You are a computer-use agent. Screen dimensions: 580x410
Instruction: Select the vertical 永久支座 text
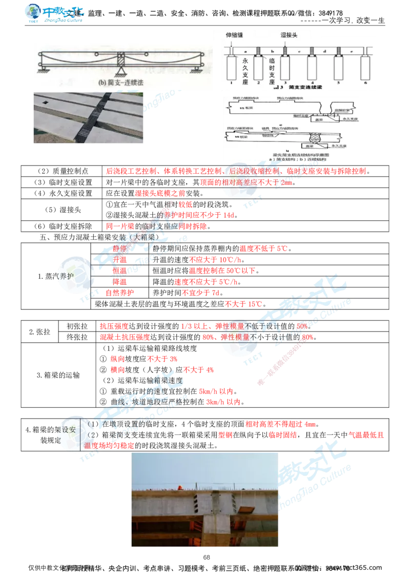click(x=245, y=67)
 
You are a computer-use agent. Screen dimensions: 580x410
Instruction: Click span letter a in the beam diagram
click(x=245, y=51)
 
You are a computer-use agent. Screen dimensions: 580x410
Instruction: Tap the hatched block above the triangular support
click(x=121, y=58)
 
